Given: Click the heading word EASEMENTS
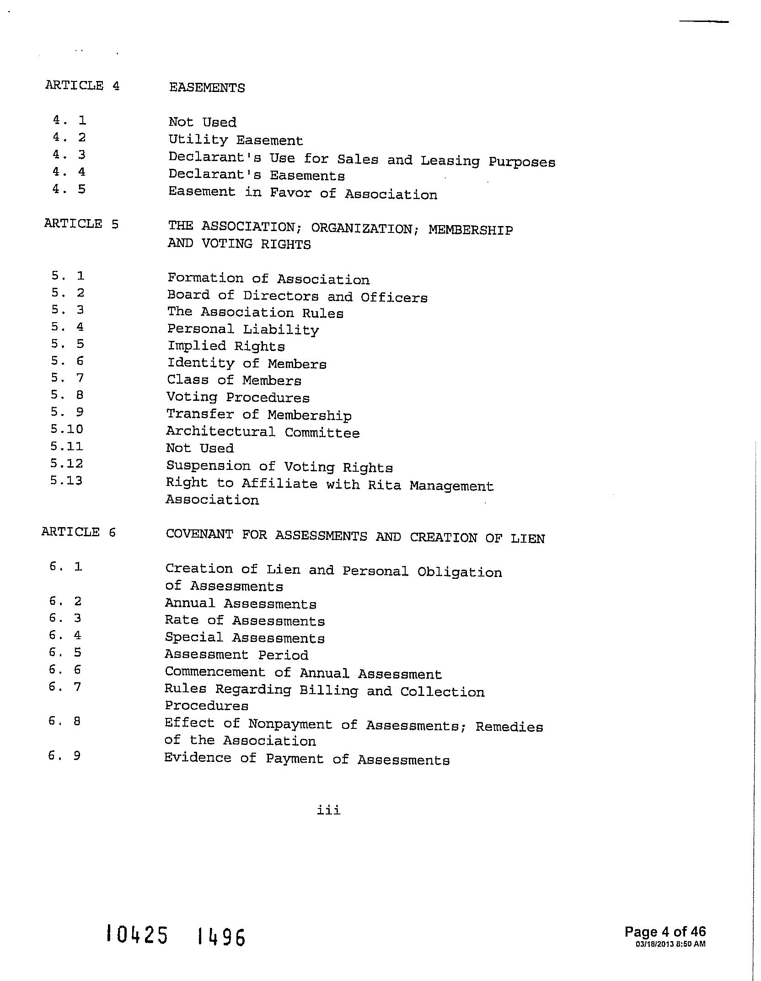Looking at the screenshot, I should coord(207,88).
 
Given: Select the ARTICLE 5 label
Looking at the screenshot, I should coord(81,224).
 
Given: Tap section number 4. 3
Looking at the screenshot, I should coord(69,155).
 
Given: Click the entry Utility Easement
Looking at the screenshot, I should coord(236,140).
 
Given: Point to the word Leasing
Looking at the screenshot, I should coord(450,161).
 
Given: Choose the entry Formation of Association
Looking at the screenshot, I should coord(268,279).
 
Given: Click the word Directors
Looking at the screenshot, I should coord(281,296).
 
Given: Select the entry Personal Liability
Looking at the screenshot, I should coord(243,329).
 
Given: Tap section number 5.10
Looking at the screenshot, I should coord(67,429).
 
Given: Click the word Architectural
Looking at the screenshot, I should coord(220,431).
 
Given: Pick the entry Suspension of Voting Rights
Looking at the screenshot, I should coord(279,467).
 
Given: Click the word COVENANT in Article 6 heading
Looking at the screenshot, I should coord(199,534).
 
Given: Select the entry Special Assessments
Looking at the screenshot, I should coord(245,638).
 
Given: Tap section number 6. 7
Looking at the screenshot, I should coord(65,687).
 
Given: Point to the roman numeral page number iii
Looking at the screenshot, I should coord(328,810).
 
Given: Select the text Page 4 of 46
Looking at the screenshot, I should coord(665,932).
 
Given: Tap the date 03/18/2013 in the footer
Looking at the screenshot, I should coord(654,944).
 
